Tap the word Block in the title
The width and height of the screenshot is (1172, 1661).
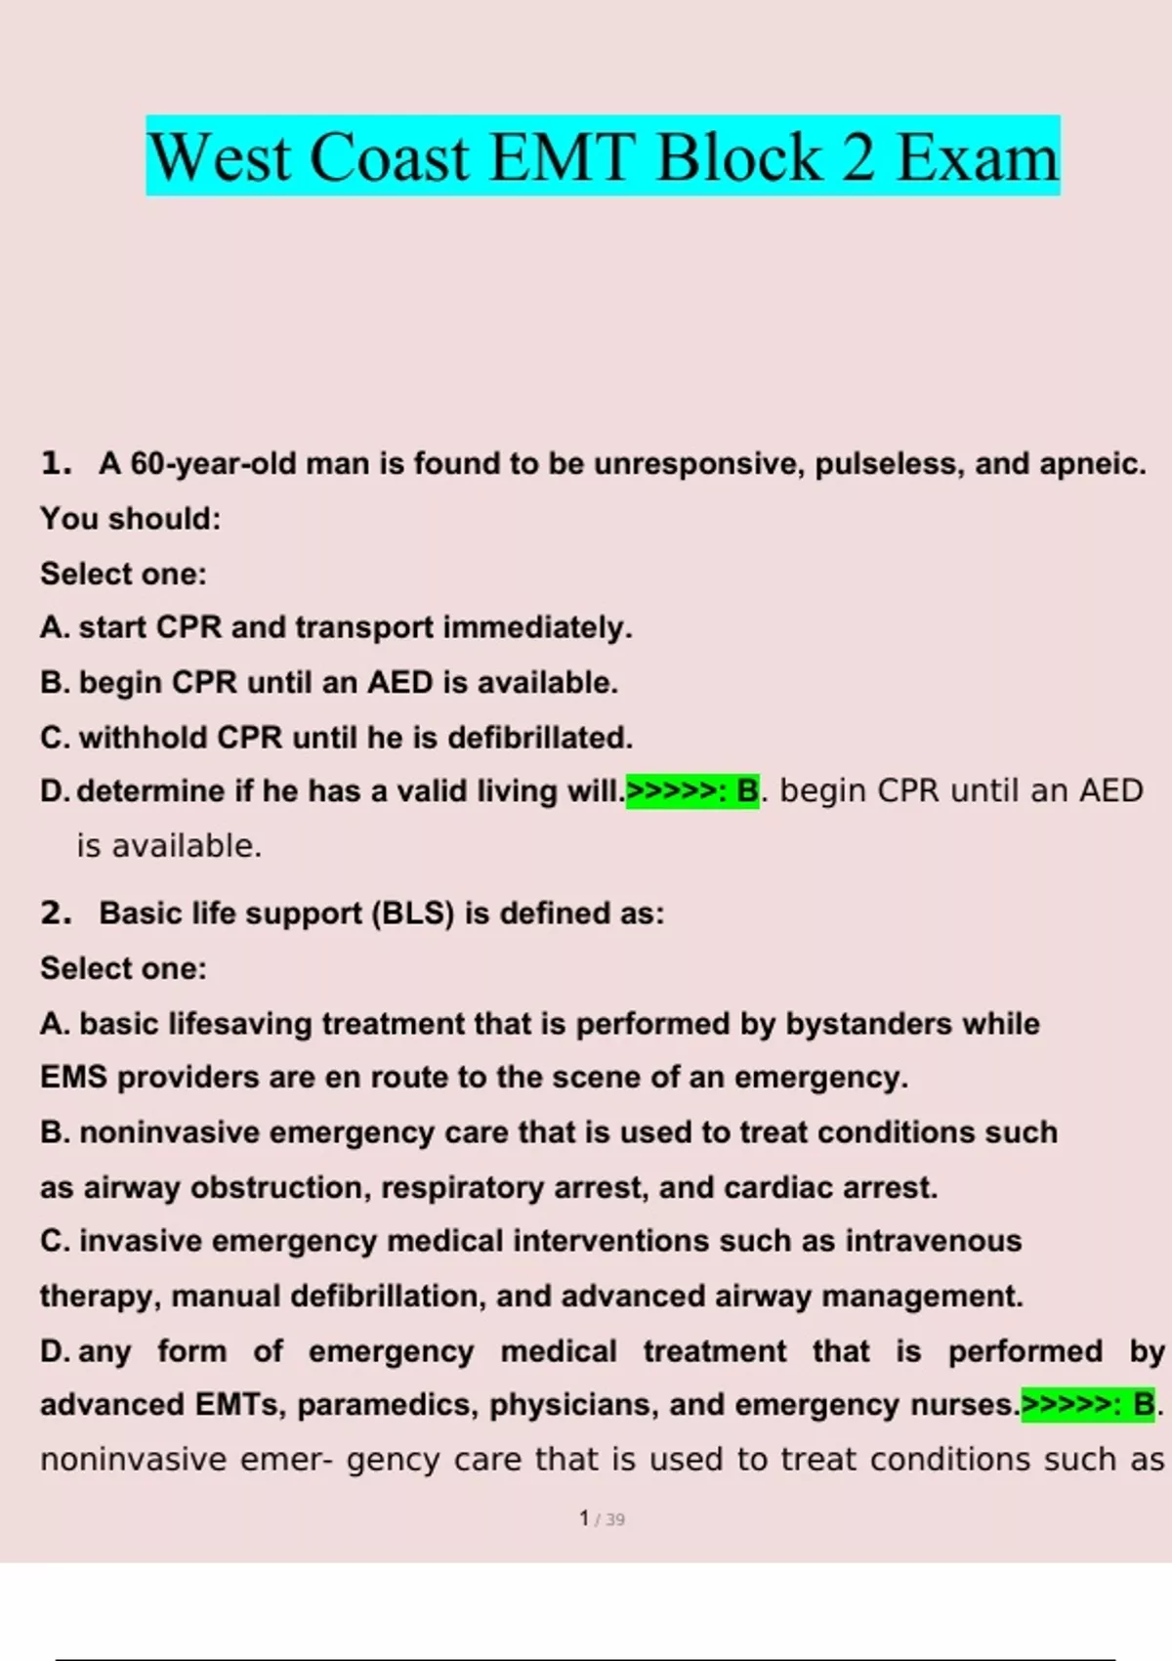pyautogui.click(x=739, y=157)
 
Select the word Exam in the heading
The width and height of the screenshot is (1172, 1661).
pyautogui.click(x=977, y=157)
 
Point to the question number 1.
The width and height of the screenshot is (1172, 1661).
pyautogui.click(x=57, y=463)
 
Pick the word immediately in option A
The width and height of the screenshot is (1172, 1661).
pyautogui.click(x=536, y=627)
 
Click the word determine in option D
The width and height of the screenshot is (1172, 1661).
pyautogui.click(x=150, y=791)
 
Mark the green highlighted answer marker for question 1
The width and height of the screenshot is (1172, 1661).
pyautogui.click(x=692, y=791)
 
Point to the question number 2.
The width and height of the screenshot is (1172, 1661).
pyautogui.click(x=57, y=914)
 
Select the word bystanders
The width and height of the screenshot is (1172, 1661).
pyautogui.click(x=868, y=1024)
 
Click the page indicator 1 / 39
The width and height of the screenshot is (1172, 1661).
pyautogui.click(x=602, y=1519)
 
